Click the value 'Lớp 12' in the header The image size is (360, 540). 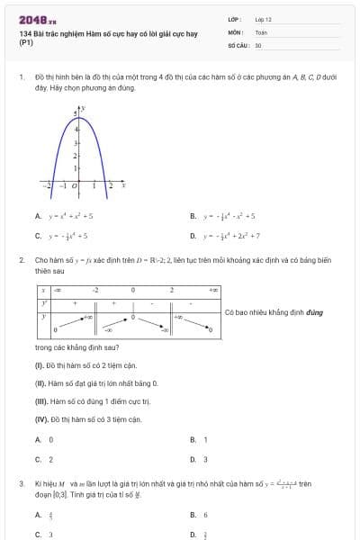[x=264, y=19]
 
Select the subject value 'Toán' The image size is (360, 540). [x=261, y=31]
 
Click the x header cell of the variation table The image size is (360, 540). [x=43, y=290]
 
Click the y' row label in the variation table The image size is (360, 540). [x=43, y=302]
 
